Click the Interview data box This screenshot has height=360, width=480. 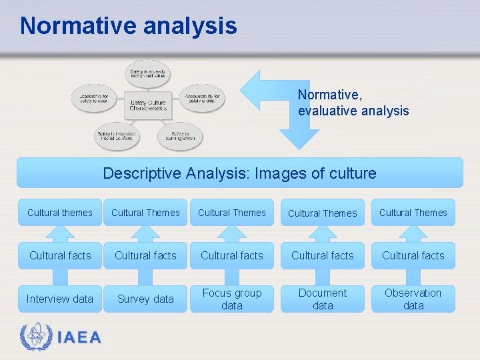[60, 299]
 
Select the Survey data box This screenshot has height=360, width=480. [145, 299]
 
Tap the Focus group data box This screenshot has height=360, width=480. [232, 299]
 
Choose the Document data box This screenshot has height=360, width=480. [323, 299]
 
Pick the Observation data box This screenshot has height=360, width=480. [413, 299]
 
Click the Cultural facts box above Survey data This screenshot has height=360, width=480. [145, 255]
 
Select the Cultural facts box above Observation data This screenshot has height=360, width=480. [413, 255]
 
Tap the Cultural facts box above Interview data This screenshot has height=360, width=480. [60, 255]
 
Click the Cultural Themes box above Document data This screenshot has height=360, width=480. [323, 213]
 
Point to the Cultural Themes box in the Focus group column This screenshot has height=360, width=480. [232, 213]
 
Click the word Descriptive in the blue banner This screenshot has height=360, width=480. [142, 173]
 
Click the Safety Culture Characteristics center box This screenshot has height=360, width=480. [148, 101]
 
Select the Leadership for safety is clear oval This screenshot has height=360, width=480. [93, 98]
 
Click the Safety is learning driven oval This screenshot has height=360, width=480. [179, 135]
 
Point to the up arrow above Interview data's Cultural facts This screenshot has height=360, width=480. [60, 233]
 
